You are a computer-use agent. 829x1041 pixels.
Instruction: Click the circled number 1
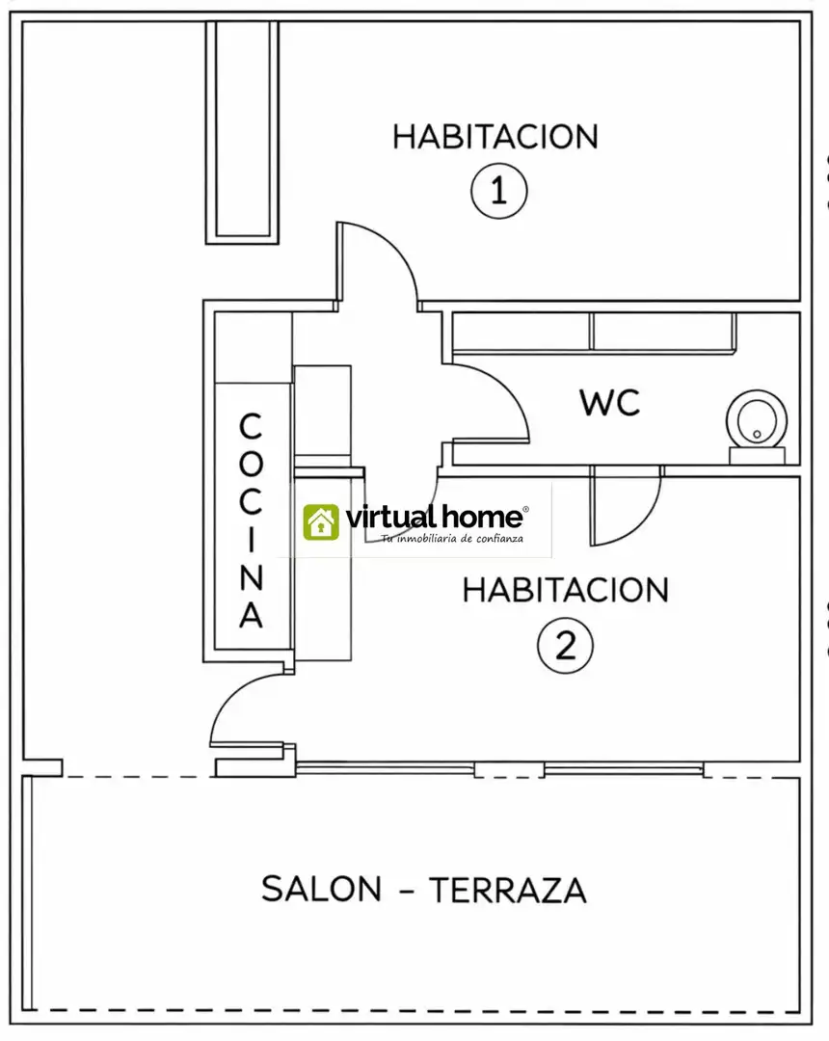[499, 191]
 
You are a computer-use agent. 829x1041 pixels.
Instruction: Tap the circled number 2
[566, 645]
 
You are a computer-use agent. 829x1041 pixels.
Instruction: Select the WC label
[610, 402]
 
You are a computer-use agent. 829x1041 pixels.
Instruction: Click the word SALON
[321, 889]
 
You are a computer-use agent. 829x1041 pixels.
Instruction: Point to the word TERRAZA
[508, 890]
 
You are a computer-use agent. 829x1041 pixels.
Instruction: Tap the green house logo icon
[321, 521]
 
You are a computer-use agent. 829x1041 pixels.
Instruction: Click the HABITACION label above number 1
[495, 137]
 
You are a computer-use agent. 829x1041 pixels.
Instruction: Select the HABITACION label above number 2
[566, 590]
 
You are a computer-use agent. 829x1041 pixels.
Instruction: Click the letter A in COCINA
[251, 615]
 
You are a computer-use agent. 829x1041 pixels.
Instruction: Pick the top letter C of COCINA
[251, 426]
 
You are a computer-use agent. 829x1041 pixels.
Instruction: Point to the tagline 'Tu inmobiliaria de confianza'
[452, 539]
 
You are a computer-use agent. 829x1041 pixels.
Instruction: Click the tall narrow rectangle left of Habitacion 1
[242, 132]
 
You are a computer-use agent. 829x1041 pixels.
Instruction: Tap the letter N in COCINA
[251, 577]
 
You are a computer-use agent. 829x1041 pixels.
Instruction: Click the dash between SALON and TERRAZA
[406, 891]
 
